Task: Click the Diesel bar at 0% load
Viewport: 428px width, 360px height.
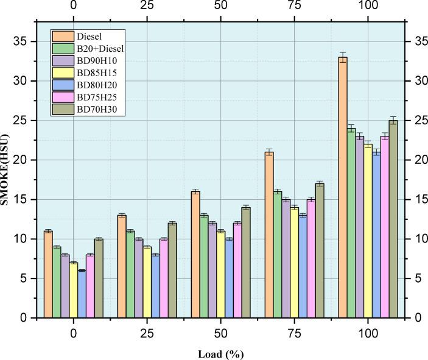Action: click(48, 275)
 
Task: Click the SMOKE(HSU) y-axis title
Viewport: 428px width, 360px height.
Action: click(5, 171)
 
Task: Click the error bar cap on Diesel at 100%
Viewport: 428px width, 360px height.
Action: click(343, 52)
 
